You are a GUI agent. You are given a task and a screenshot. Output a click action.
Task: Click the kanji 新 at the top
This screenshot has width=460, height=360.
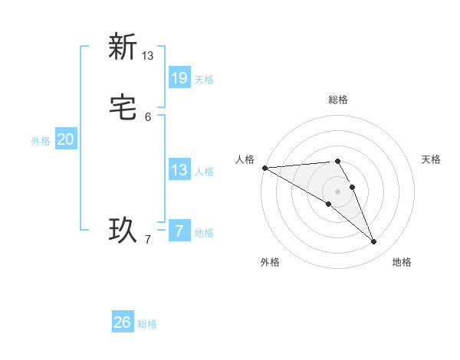(122, 47)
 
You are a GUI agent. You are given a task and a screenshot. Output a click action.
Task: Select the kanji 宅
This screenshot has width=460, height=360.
(122, 109)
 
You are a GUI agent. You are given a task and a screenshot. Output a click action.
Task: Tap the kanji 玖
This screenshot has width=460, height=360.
(122, 229)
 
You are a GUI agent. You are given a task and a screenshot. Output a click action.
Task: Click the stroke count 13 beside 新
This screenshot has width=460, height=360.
(148, 56)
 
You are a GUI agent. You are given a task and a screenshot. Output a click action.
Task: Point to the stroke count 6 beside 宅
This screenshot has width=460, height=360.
(148, 117)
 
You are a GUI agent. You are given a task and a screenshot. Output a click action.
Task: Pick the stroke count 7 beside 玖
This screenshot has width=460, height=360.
(148, 241)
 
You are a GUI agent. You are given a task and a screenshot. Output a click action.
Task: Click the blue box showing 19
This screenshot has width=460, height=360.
(179, 78)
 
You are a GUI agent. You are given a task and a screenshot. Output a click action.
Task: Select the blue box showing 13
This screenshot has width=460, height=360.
(179, 170)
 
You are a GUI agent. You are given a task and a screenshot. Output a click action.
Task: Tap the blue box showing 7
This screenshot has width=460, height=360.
(179, 231)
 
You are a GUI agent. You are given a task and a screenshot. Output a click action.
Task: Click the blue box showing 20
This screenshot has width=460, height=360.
(66, 139)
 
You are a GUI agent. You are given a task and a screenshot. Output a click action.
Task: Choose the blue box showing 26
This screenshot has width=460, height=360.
(123, 322)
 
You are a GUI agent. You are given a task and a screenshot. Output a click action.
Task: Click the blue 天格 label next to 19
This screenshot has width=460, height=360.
(204, 80)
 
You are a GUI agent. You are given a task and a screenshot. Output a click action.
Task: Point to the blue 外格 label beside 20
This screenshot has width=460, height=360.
(41, 141)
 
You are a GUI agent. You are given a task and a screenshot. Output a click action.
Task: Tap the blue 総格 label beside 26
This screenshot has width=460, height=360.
(147, 324)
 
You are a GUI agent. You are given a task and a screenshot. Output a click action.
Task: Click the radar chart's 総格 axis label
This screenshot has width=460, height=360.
(338, 100)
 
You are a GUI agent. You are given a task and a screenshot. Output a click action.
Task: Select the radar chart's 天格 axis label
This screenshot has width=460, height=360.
(432, 159)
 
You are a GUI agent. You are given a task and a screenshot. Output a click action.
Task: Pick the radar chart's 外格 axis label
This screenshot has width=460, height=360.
(270, 262)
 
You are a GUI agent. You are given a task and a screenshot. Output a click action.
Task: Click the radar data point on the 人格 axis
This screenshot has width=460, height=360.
(264, 167)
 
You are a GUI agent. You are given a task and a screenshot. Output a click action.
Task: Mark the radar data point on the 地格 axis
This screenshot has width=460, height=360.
(374, 241)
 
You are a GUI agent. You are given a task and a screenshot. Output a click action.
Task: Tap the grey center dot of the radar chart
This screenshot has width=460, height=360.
(337, 191)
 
